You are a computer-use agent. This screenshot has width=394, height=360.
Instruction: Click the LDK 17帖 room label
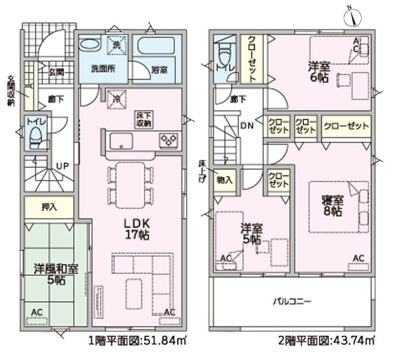point(137,229)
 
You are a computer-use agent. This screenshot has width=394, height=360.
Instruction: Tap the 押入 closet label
point(49,206)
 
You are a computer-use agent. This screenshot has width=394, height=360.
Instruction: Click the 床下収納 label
point(143,120)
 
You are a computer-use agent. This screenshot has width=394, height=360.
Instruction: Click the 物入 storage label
point(224,180)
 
